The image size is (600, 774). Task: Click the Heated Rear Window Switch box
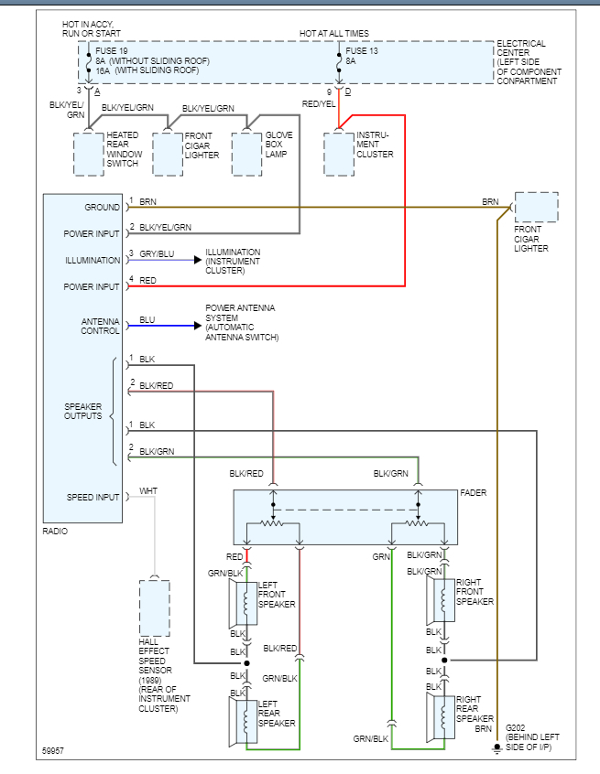[89, 154]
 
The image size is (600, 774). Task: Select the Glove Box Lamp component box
[246, 154]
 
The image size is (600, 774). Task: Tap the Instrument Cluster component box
[338, 154]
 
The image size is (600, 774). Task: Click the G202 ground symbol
[496, 748]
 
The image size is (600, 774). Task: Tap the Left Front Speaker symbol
[243, 604]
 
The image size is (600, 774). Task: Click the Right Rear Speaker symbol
[441, 716]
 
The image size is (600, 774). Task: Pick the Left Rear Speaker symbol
[243, 720]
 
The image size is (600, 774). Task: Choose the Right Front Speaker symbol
[441, 600]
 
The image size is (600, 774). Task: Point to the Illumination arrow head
[197, 260]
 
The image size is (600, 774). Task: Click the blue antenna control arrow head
[197, 326]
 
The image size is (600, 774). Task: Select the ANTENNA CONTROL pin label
[94, 325]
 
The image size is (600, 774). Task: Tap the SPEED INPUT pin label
[93, 498]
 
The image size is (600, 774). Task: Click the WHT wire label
[148, 492]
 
